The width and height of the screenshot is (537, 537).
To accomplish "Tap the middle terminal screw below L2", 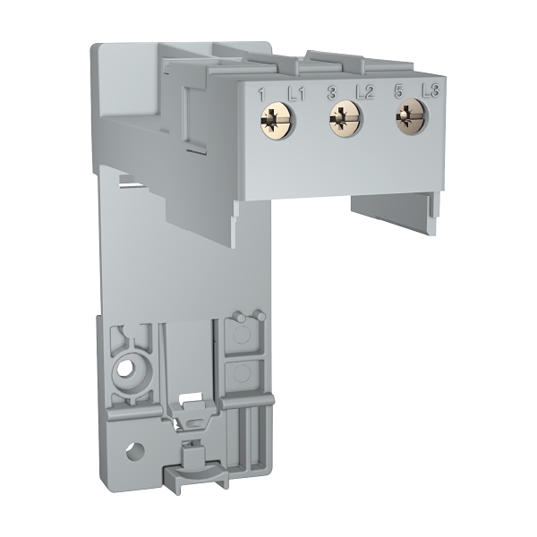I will pos(343,115).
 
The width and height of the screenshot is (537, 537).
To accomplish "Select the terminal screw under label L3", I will pos(412,114).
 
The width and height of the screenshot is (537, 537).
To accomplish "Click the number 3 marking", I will pos(331,91).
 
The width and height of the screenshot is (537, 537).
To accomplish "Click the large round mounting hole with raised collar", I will pos(125,368).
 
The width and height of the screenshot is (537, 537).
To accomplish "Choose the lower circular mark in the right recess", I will pos(241,374).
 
